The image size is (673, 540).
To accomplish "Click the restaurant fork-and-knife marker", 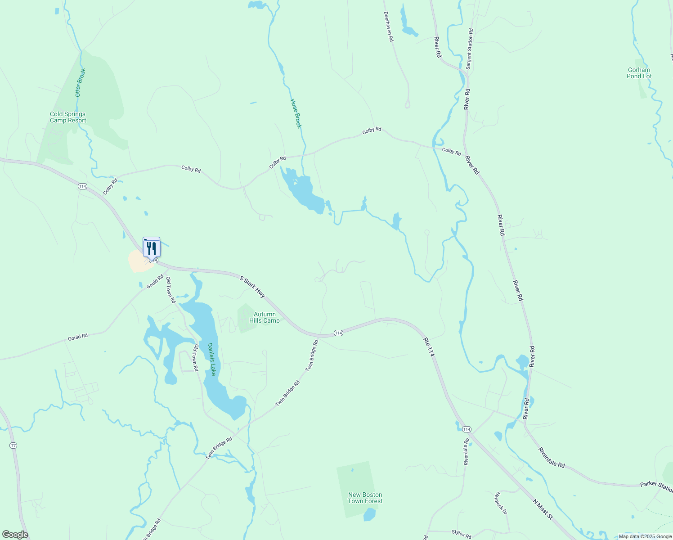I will (x=152, y=248).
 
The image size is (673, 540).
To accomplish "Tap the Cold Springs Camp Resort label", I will (x=68, y=117).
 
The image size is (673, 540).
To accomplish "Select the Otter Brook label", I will (x=80, y=83).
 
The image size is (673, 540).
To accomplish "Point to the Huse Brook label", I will (x=296, y=113).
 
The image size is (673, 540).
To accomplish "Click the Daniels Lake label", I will (x=211, y=359).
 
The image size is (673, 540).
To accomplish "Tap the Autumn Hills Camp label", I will (x=265, y=318).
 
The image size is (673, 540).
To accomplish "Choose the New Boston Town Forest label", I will (x=365, y=498).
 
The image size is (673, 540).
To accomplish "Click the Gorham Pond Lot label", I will (x=639, y=73).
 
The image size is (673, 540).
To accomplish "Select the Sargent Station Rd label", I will (x=470, y=49).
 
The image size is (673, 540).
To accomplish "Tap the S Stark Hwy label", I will (x=252, y=287).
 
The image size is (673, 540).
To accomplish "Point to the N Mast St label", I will (x=543, y=509).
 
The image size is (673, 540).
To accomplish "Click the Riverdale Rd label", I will (x=552, y=458).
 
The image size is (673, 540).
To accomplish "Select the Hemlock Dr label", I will (x=500, y=503).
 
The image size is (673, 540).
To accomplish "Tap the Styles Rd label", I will (x=461, y=534).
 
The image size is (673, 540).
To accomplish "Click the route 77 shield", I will (x=13, y=445).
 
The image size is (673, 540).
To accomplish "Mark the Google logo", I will (x=15, y=535).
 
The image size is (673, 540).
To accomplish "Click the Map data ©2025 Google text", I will (x=645, y=536).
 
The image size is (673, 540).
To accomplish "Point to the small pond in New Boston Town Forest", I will (x=369, y=514).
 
